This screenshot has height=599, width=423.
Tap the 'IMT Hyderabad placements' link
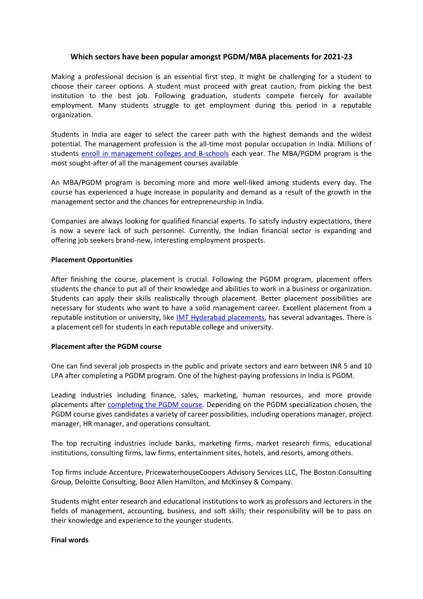220,317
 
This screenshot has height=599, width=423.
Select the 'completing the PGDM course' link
154,404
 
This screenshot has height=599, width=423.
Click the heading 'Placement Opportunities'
92,260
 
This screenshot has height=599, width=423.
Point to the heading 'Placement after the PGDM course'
106,346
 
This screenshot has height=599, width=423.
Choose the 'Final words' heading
70,540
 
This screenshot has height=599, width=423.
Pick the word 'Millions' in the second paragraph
359,144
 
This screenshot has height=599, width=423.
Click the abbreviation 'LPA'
58,376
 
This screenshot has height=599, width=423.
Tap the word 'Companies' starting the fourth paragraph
68,221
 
